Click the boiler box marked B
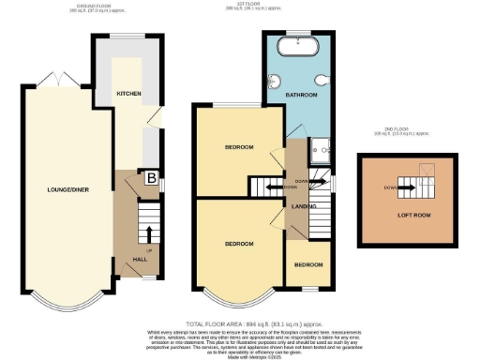point(149,175)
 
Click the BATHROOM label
point(302,96)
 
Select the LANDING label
point(303,206)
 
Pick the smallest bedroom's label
point(309,265)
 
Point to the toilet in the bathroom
point(320,79)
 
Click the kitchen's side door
point(155,118)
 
